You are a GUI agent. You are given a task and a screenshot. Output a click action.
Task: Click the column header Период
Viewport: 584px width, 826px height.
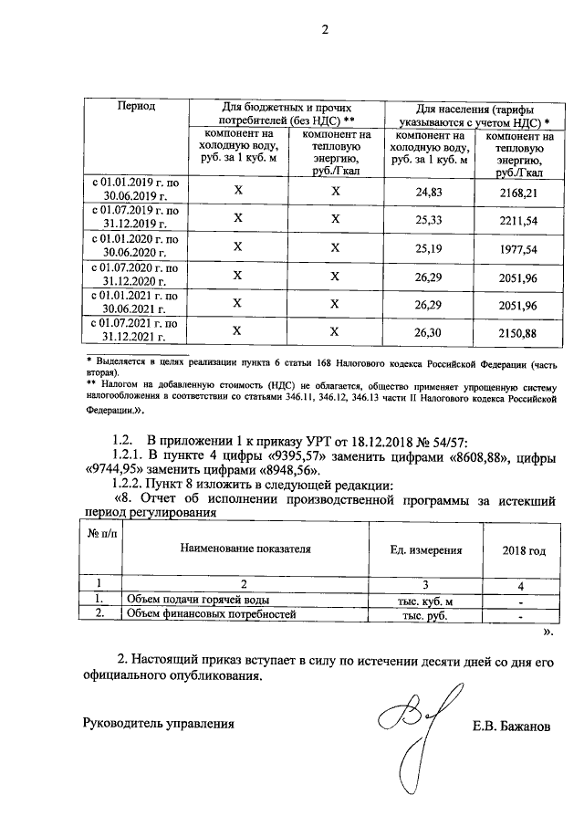[x=136, y=107]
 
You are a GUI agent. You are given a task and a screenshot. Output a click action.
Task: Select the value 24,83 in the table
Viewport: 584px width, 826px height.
[x=428, y=192]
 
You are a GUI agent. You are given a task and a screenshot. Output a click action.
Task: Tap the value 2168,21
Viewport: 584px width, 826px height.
[x=518, y=193]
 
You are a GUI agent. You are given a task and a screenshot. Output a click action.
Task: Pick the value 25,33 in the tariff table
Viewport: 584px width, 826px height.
[x=428, y=220]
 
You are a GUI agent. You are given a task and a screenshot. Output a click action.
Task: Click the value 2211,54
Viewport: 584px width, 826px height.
[x=518, y=220]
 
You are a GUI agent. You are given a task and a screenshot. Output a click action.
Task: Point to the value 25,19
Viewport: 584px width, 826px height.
[x=428, y=247]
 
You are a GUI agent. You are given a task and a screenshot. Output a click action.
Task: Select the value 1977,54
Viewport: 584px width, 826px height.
[x=518, y=247]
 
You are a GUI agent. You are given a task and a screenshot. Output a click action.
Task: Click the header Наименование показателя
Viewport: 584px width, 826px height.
[x=245, y=549]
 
